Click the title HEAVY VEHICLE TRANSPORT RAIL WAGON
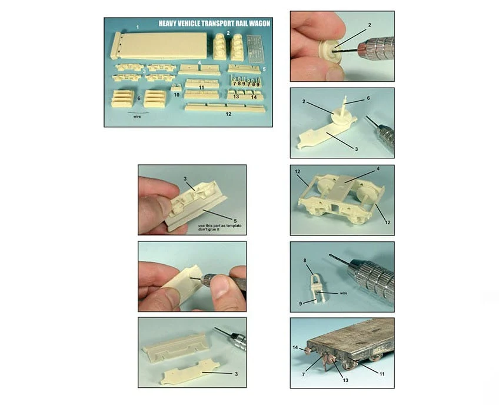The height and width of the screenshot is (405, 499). (214, 23)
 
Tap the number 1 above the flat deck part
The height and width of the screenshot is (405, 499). (138, 28)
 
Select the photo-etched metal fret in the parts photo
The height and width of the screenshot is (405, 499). (255, 48)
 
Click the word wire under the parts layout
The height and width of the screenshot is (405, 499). (137, 117)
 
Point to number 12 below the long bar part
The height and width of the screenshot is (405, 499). (228, 114)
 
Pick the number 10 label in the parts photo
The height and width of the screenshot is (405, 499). (177, 95)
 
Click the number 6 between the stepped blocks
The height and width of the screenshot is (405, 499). (139, 99)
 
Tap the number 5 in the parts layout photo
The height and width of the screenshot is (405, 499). (264, 69)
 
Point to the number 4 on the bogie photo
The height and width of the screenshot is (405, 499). (378, 169)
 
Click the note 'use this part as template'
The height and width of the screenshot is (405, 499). (220, 225)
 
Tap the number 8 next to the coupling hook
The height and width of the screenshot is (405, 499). (305, 260)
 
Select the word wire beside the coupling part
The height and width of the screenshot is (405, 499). (344, 293)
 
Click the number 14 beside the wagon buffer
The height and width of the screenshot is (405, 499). (295, 347)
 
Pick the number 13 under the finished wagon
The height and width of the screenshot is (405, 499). (345, 380)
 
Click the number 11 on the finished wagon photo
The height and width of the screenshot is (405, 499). (382, 374)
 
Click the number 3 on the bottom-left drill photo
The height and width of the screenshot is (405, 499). (236, 374)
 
